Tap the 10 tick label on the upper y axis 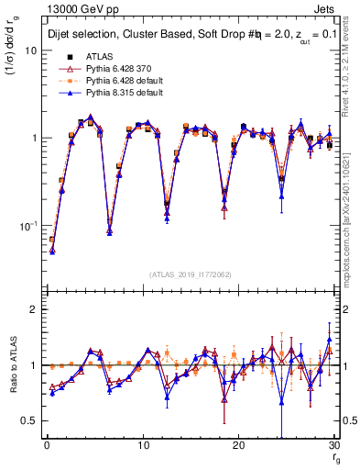pos(31,50)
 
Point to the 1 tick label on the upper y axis pos(34,138)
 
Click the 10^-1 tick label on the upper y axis pos(29,225)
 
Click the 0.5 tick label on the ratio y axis pos(29,420)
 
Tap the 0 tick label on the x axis pos(46,446)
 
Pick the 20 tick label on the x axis pos(238,446)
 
